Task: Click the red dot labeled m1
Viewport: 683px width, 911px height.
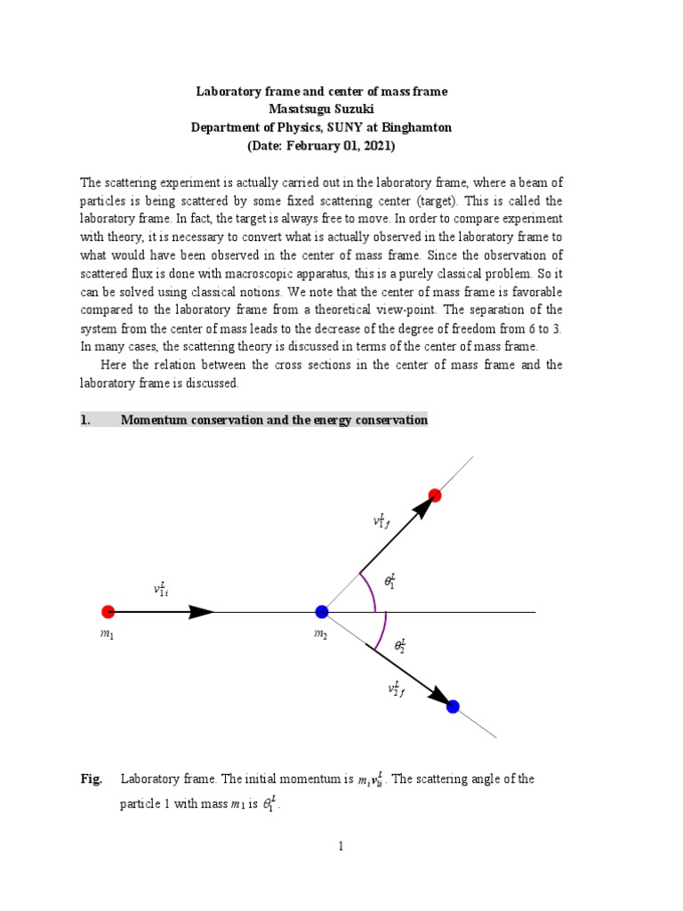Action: point(108,611)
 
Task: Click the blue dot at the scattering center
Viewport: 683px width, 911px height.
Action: point(322,611)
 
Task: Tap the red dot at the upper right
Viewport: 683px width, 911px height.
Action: point(435,496)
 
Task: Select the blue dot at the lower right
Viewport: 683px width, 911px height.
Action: point(453,706)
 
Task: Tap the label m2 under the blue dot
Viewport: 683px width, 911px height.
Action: point(319,638)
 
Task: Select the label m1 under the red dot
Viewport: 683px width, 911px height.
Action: point(108,638)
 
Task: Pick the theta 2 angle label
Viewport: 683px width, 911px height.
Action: point(401,645)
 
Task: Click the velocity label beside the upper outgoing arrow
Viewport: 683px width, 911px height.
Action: point(381,520)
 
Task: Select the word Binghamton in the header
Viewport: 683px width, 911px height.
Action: point(418,127)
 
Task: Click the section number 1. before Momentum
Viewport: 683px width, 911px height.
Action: point(85,420)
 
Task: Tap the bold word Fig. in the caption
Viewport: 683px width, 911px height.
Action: point(92,779)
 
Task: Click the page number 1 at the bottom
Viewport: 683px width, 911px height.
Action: point(341,846)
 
